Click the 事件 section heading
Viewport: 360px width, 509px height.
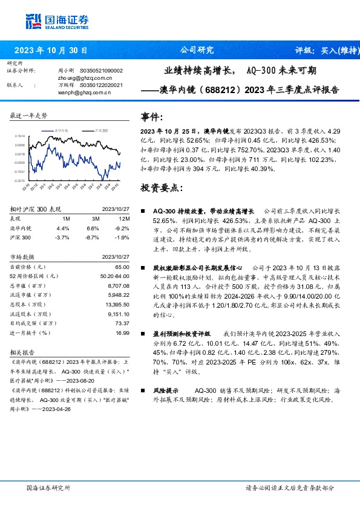coord(152,117)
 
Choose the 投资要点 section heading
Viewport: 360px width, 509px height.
coord(161,188)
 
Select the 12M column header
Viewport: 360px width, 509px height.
coord(125,218)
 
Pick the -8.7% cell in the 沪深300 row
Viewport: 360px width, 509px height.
coord(92,238)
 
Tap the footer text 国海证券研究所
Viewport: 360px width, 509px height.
coord(48,488)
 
